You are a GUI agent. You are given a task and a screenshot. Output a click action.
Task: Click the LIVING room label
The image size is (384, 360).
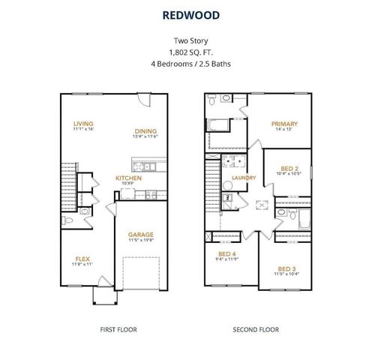tap(83, 124)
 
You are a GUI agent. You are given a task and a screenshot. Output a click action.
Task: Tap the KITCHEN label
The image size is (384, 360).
tap(128, 178)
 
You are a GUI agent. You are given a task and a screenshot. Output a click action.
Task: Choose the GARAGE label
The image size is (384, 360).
tap(140, 234)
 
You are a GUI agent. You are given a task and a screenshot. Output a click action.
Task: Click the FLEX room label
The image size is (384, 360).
tap(82, 259)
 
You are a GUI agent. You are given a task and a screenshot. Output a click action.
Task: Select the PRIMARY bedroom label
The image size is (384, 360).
tap(284, 124)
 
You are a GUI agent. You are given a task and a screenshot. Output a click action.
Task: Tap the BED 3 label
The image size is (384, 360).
tap(286, 268)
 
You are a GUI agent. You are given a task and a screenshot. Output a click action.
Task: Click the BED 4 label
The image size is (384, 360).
tap(226, 254)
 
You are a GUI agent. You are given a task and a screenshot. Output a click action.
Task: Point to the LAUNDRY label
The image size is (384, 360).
tap(244, 178)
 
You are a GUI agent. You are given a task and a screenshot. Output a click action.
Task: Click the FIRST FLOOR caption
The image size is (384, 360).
tap(119, 329)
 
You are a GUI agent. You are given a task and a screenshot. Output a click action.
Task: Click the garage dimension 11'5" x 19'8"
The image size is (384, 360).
tap(140, 240)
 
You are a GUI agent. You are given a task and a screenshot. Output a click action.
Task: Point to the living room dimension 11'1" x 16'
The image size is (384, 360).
tap(83, 130)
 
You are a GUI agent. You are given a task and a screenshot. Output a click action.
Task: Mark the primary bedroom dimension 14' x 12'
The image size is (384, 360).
tap(284, 130)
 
